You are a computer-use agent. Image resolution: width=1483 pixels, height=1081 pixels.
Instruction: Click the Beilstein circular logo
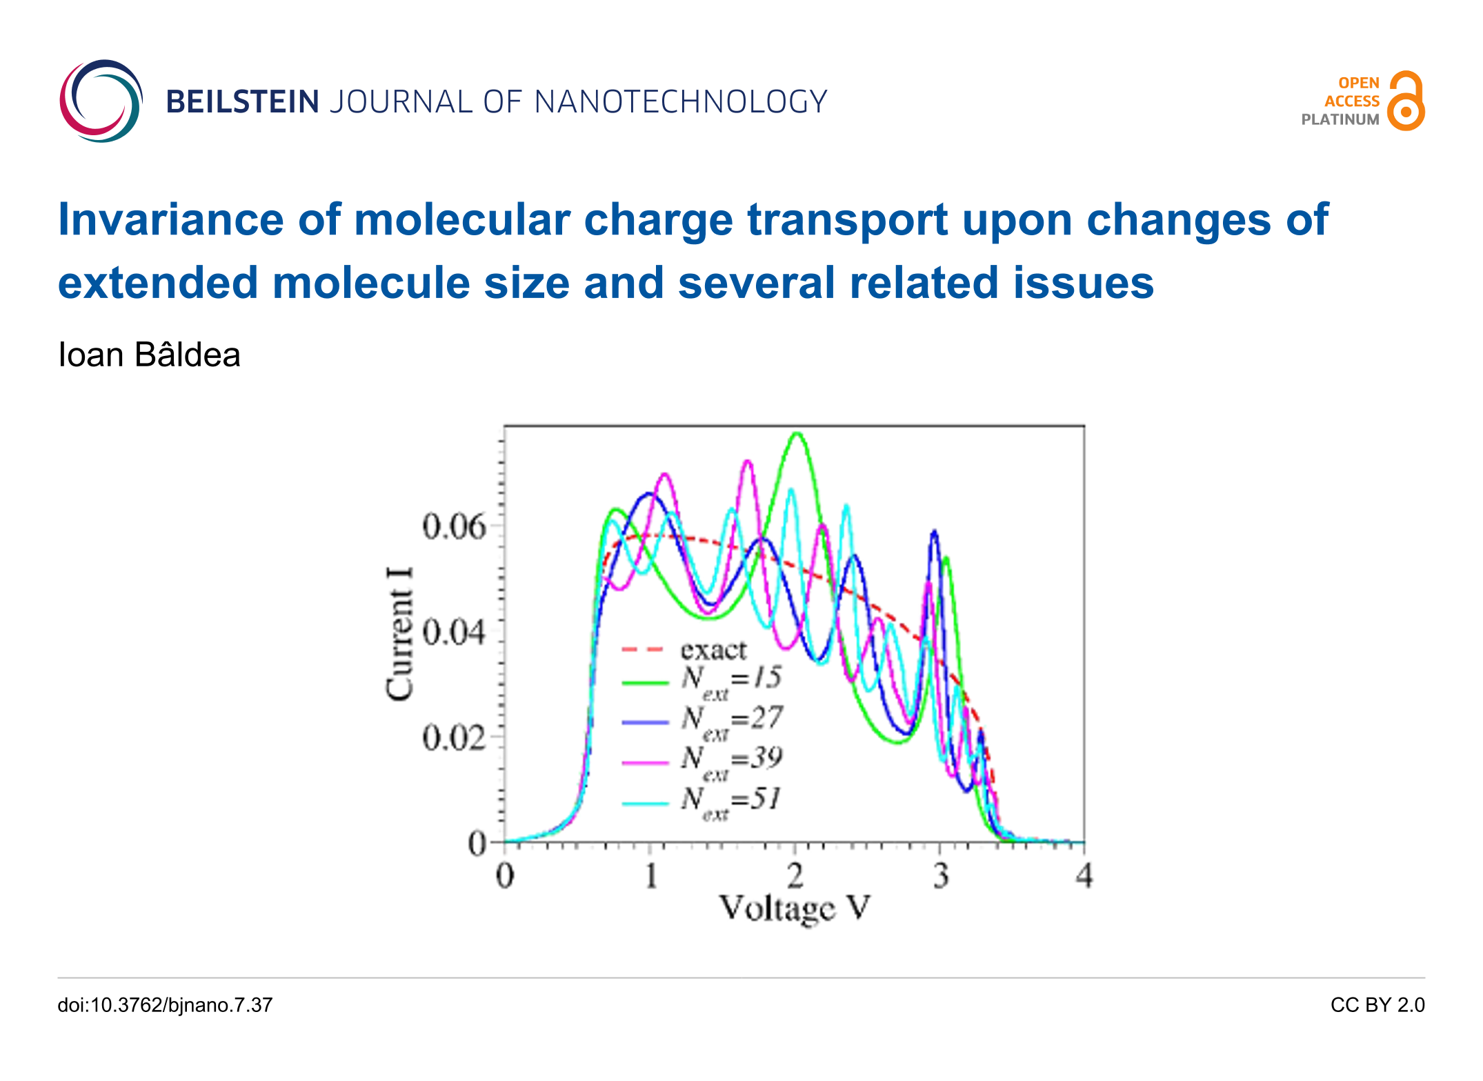click(x=101, y=101)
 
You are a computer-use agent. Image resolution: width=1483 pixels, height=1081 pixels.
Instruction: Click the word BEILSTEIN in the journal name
click(x=242, y=102)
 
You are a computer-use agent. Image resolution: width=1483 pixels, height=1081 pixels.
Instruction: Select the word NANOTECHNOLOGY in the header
click(x=680, y=102)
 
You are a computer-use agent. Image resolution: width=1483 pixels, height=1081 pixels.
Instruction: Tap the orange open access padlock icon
click(x=1406, y=101)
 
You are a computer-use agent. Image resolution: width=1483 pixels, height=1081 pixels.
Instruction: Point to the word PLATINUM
click(x=1340, y=119)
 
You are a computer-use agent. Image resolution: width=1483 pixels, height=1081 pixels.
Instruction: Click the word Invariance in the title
click(x=170, y=219)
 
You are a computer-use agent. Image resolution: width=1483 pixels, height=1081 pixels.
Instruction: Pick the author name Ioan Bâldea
click(x=149, y=355)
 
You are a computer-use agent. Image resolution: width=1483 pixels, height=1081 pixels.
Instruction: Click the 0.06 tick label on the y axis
click(x=454, y=528)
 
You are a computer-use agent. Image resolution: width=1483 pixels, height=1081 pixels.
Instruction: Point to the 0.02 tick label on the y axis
click(x=454, y=738)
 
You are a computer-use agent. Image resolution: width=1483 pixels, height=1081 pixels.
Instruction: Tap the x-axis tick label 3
click(x=940, y=877)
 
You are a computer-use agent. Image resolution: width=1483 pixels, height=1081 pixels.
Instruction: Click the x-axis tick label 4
click(x=1084, y=877)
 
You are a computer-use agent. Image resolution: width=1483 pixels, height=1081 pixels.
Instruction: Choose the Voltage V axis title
click(x=795, y=909)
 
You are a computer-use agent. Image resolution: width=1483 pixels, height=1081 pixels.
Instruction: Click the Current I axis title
click(x=400, y=633)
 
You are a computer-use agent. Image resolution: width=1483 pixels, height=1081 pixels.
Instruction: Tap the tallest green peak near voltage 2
click(x=797, y=435)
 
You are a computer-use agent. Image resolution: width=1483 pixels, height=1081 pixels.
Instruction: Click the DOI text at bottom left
click(x=165, y=1005)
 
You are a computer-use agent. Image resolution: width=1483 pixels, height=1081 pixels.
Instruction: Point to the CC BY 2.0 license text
click(x=1377, y=1005)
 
